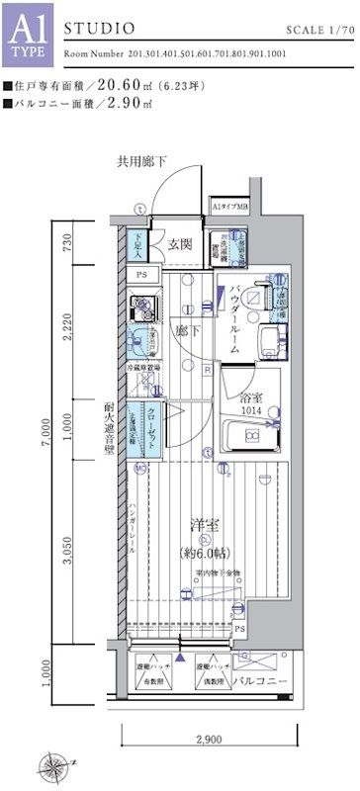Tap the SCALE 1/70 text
[x=315, y=32]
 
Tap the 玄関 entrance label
[x=179, y=245]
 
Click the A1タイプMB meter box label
[x=228, y=208]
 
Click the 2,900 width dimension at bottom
[x=207, y=739]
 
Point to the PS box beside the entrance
[x=141, y=275]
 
